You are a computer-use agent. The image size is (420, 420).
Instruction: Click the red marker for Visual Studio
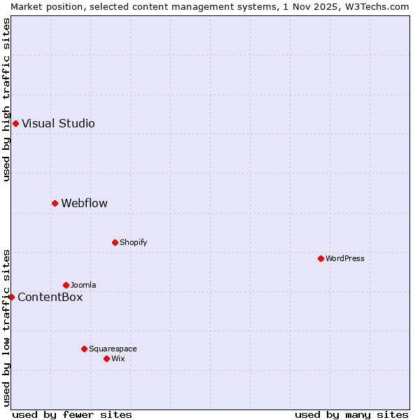15,124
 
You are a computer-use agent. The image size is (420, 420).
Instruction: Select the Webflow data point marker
55,204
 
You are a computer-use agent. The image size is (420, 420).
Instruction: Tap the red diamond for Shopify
115,243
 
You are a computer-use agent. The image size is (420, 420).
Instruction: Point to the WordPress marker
321,259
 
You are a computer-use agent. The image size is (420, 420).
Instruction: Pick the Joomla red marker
66,286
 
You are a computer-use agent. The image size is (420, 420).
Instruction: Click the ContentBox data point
11,297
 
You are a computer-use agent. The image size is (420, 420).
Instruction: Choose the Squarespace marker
84,349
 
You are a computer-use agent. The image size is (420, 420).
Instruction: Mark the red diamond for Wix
106,359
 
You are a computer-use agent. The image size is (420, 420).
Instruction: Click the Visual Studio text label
58,124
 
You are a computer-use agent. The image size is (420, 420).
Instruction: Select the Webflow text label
84,204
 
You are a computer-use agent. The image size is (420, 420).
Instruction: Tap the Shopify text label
133,243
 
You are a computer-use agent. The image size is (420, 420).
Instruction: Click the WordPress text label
344,259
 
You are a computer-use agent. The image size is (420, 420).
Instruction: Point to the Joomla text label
83,286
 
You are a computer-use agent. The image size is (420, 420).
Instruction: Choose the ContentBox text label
50,297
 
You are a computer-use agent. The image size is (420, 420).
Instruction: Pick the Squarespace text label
113,349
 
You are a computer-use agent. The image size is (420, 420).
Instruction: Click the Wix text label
118,359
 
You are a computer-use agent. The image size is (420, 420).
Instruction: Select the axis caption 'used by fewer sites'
72,414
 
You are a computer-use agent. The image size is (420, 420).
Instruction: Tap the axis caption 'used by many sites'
351,414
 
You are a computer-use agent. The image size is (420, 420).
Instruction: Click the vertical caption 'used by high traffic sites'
6,99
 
